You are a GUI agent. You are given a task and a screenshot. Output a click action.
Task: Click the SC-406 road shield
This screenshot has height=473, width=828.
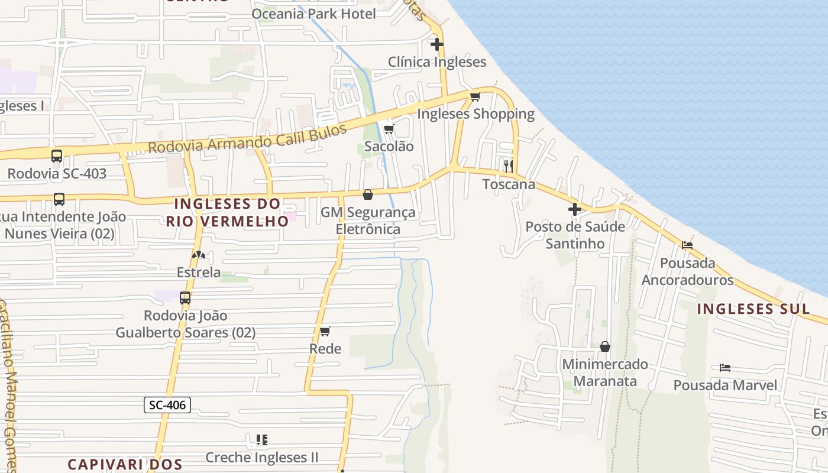tap(167, 405)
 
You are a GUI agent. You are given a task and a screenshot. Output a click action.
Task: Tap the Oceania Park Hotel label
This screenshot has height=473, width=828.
tap(313, 14)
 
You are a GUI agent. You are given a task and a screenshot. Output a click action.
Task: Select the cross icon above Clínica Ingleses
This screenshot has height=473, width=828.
tap(436, 44)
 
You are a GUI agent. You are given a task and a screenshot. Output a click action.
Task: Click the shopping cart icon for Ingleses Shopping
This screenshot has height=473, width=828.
tap(475, 96)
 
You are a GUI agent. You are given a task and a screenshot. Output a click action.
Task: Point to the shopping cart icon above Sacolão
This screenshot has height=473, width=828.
tap(389, 129)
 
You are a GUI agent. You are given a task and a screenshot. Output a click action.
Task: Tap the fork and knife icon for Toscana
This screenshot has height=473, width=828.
tap(508, 166)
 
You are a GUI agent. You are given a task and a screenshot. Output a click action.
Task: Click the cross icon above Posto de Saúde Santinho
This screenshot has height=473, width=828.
tap(574, 209)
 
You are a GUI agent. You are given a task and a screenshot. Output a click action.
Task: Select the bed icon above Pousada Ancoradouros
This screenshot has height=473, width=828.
tap(687, 245)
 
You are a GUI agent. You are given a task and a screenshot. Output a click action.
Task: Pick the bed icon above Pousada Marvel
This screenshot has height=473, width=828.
tap(725, 368)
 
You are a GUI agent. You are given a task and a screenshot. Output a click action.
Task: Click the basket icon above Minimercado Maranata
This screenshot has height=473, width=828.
tap(604, 346)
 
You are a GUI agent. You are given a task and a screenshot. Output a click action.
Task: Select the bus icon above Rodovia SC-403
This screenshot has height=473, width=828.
tap(57, 156)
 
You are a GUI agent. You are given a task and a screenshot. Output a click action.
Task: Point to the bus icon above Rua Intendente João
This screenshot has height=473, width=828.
tap(59, 199)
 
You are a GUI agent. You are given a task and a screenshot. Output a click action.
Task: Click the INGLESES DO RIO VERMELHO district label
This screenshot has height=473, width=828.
tap(227, 212)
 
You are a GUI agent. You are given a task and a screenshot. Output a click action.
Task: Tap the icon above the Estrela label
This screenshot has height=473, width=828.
tap(199, 255)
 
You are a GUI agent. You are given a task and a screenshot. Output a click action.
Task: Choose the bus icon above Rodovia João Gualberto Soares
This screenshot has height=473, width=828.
tap(185, 298)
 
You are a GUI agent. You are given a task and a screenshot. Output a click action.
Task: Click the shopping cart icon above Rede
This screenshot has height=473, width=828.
tap(325, 331)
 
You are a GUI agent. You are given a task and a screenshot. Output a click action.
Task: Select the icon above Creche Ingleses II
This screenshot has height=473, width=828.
tap(261, 440)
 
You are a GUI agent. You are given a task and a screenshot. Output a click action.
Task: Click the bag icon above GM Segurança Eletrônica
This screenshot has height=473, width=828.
tap(368, 195)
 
